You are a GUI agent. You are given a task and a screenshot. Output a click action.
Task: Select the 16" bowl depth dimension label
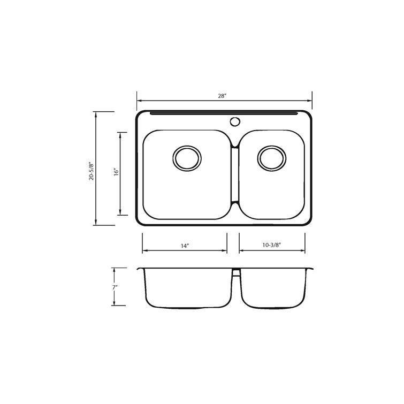click(x=115, y=173)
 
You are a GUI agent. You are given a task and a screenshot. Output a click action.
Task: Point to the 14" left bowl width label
click(x=185, y=246)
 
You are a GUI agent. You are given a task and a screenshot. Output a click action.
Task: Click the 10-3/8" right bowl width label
click(x=272, y=246)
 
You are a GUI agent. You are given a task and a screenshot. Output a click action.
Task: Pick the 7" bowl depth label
click(x=115, y=287)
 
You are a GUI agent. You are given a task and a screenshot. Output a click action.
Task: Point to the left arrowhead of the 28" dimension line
click(x=139, y=100)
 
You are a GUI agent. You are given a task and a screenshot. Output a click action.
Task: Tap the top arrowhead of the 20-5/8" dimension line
click(x=96, y=113)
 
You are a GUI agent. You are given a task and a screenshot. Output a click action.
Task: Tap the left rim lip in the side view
click(x=141, y=269)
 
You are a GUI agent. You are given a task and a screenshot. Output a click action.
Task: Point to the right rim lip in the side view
click(x=310, y=269)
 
